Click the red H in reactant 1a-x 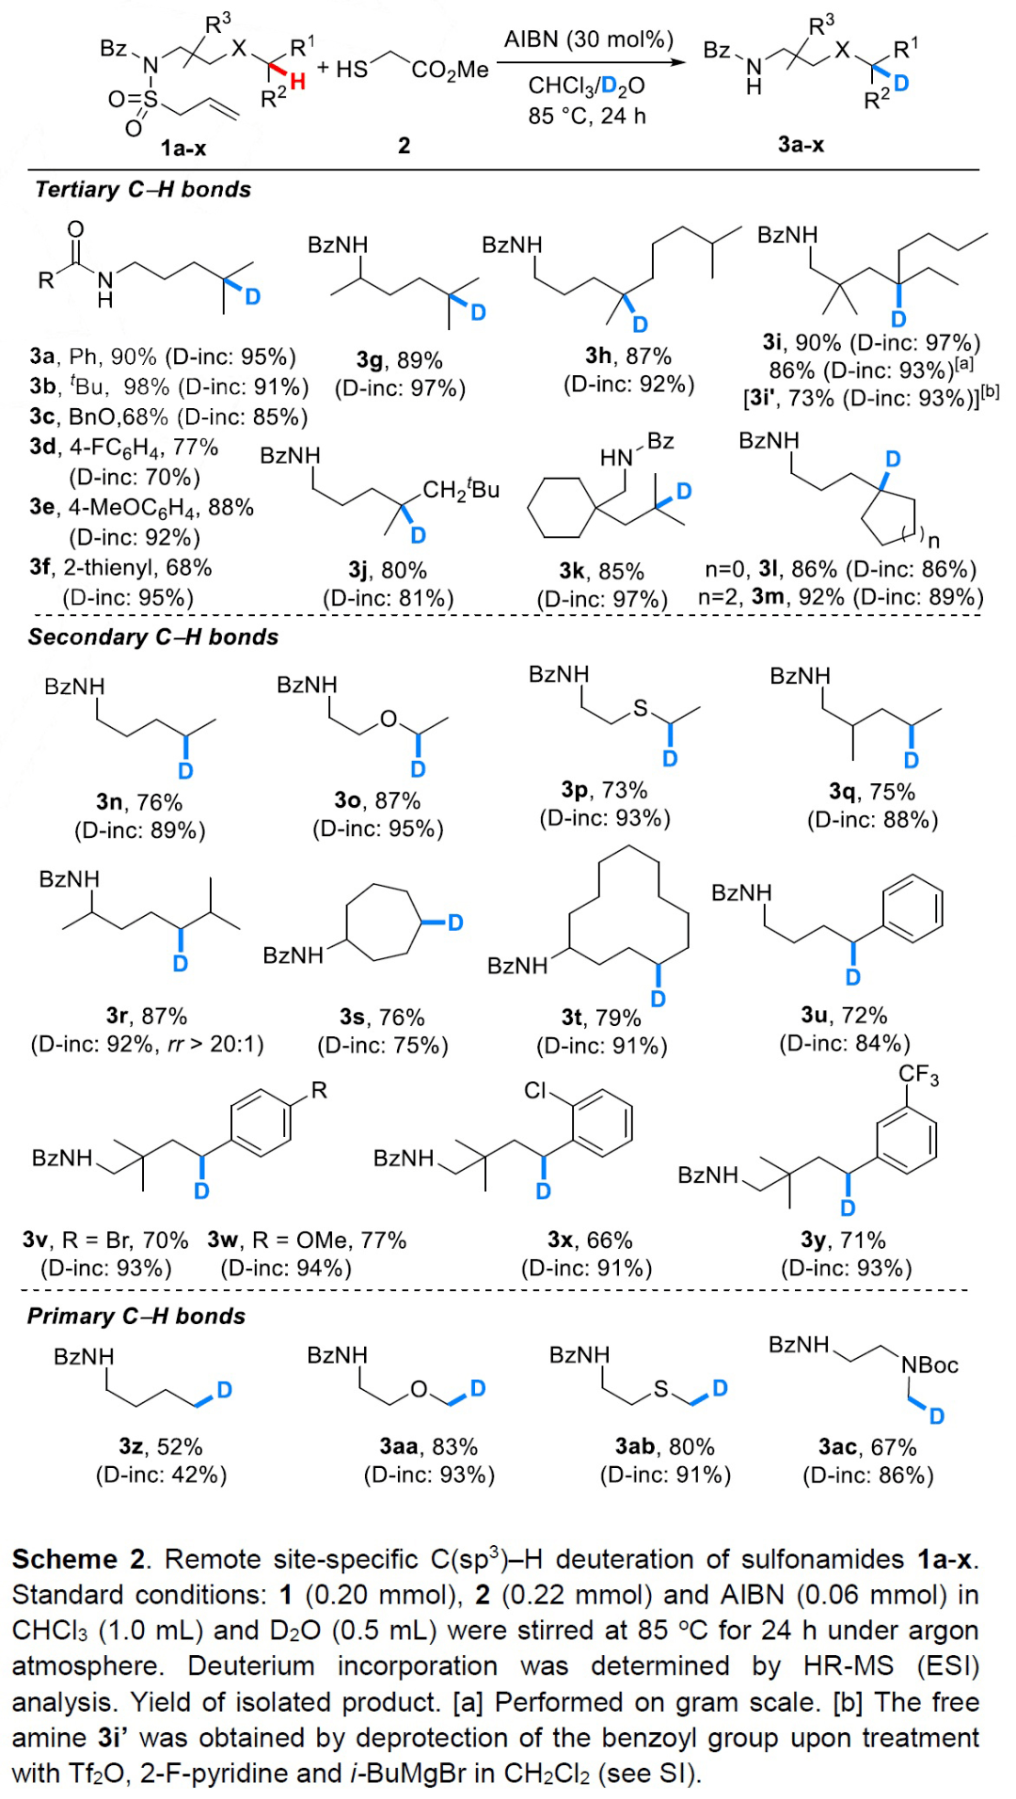click(298, 82)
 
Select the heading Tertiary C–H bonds click(143, 190)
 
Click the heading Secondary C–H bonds click(153, 638)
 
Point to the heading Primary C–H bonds click(136, 1317)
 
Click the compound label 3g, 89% click(399, 360)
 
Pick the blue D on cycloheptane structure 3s click(455, 923)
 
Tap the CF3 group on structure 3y click(918, 1076)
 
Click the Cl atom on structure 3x click(535, 1091)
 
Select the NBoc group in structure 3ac click(929, 1365)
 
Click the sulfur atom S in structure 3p click(641, 708)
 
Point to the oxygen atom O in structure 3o click(389, 719)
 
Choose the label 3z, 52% click(161, 1446)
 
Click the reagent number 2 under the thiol click(404, 145)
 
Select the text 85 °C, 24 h click(587, 116)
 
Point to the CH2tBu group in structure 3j click(461, 490)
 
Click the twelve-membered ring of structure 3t click(627, 907)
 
